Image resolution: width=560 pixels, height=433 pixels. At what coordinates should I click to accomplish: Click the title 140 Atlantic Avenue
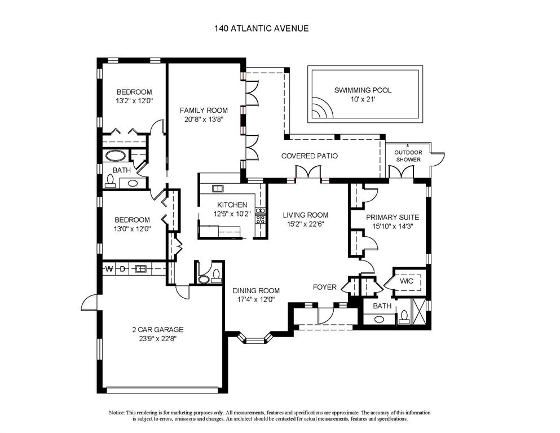coord(261,28)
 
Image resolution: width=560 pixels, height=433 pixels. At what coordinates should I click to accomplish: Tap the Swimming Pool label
coord(362,90)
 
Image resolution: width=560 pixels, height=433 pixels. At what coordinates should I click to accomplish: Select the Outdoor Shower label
coord(407,156)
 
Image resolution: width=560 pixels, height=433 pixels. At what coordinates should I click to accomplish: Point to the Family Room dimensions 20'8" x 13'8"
coord(204,119)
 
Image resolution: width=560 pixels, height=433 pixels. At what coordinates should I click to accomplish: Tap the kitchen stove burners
coord(261,216)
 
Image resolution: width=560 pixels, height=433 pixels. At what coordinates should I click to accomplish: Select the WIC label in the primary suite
coord(407,281)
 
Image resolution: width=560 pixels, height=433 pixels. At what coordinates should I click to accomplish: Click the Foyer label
coord(324,287)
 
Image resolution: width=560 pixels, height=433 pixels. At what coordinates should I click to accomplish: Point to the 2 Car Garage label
coord(158,330)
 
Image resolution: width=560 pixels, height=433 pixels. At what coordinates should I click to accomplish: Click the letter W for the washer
coord(110,269)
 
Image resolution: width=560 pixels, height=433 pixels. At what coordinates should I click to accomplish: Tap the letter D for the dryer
coord(122,269)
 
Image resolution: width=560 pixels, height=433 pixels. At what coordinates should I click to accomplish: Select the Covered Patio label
coord(309,156)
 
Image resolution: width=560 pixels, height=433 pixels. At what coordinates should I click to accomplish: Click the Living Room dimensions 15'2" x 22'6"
coord(305,224)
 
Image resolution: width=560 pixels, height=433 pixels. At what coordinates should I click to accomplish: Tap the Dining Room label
coord(256,291)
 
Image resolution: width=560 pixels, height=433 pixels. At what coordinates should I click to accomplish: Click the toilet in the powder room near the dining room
coord(204,277)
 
